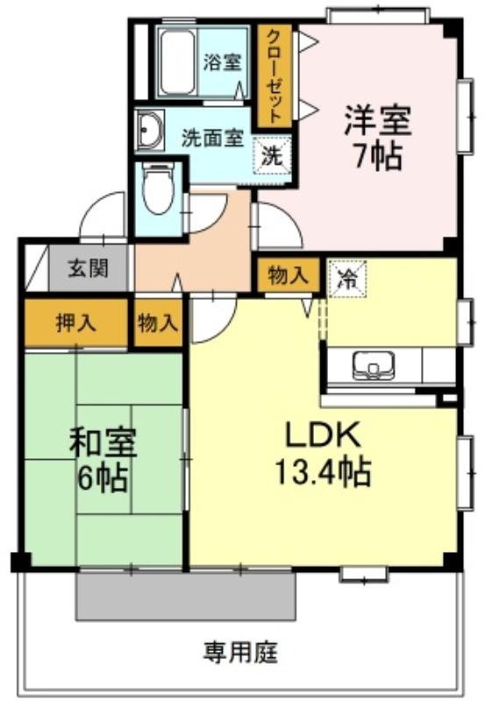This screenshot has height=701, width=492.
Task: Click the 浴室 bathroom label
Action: click(x=222, y=62)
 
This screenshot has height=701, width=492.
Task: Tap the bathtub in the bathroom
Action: click(x=177, y=61)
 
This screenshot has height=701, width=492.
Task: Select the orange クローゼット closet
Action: click(x=275, y=75)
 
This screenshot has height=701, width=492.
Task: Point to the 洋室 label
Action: click(x=377, y=120)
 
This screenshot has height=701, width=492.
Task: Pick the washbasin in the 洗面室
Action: click(x=148, y=129)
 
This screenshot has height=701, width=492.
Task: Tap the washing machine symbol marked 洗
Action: click(x=273, y=156)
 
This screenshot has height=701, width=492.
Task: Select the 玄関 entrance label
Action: click(x=88, y=269)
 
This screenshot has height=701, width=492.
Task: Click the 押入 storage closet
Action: click(x=76, y=322)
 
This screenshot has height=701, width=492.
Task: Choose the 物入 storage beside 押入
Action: click(x=159, y=322)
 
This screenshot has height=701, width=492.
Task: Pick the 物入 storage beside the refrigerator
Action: click(x=289, y=275)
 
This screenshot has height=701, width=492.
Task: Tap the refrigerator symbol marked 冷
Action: click(x=347, y=279)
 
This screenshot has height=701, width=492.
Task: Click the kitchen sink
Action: click(x=374, y=365)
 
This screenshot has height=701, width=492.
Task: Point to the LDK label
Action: click(x=323, y=435)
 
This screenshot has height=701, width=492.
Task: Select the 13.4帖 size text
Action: click(x=323, y=471)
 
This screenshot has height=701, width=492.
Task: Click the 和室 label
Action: click(x=103, y=443)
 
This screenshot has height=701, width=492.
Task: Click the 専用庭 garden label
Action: click(x=240, y=653)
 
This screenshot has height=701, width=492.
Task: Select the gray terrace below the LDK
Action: click(x=186, y=596)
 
